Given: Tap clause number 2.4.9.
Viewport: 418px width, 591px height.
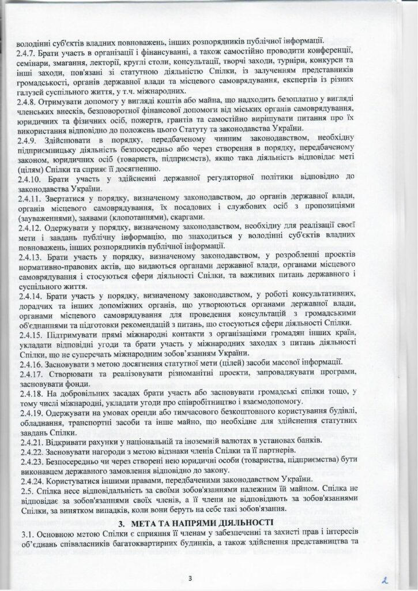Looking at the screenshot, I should point(27,141).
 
